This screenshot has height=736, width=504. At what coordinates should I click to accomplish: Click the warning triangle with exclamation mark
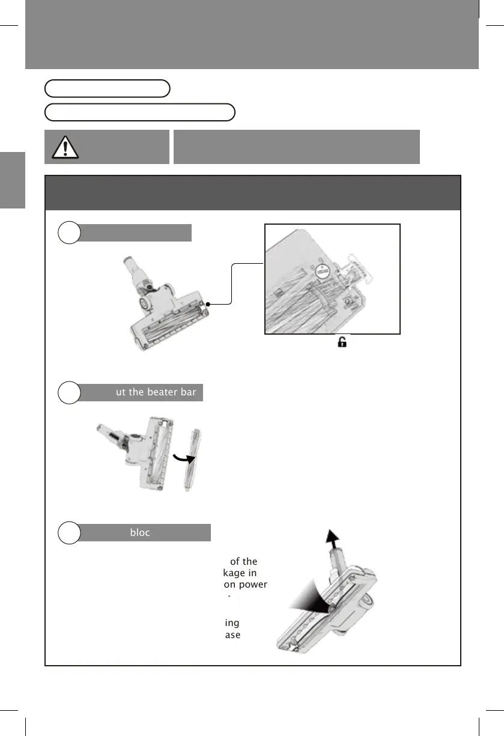[x=65, y=147]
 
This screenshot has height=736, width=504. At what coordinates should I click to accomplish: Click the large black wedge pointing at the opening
[x=311, y=607]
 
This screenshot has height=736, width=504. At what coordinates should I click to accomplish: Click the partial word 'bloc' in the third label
[x=140, y=532]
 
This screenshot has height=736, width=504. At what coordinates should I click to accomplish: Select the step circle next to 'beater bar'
[x=70, y=393]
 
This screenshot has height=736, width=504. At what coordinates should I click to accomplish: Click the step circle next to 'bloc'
[x=70, y=533]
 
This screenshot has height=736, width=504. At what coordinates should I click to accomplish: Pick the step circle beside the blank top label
[x=70, y=233]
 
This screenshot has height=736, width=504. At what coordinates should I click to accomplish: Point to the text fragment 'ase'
[x=233, y=634]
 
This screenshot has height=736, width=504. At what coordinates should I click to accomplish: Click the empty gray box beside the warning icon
[x=296, y=146]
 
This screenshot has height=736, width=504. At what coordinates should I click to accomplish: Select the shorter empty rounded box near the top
[x=108, y=88]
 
